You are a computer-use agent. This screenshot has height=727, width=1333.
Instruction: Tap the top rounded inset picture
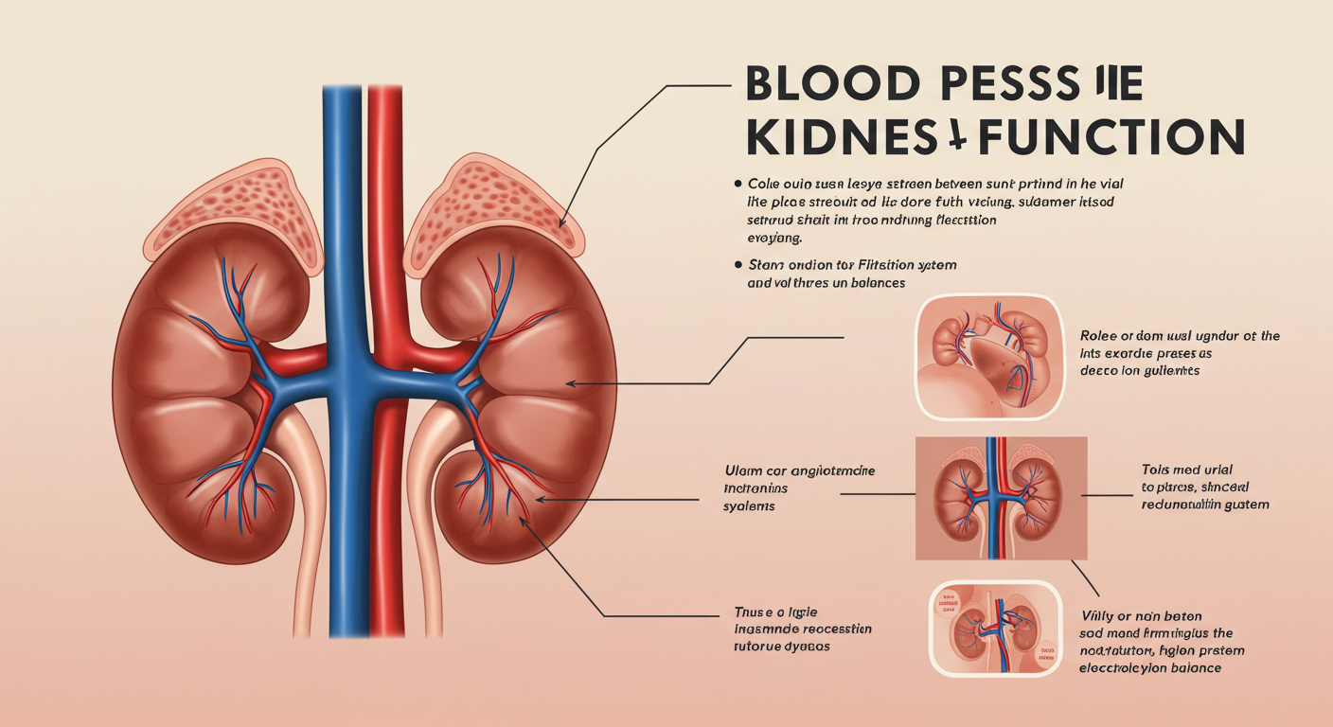(986, 354)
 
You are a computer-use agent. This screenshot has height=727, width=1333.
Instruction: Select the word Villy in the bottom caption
(1099, 616)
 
